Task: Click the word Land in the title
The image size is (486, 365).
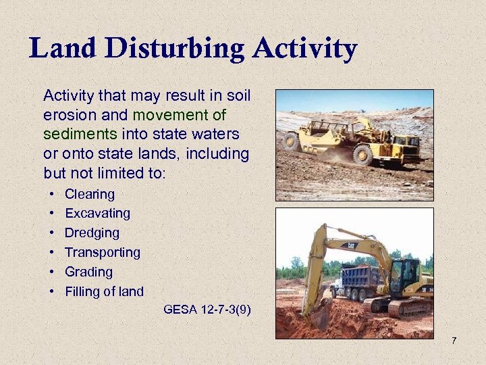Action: pos(59,48)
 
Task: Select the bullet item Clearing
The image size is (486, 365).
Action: pos(89,194)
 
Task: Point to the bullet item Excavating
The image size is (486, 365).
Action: pos(97,214)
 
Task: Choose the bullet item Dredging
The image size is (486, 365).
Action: pos(92,233)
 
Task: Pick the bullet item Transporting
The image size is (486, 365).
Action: pos(102,253)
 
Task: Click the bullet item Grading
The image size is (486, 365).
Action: pos(88,272)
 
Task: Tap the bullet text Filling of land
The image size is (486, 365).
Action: pos(104,292)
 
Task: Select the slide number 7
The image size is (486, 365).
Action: pos(454,340)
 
